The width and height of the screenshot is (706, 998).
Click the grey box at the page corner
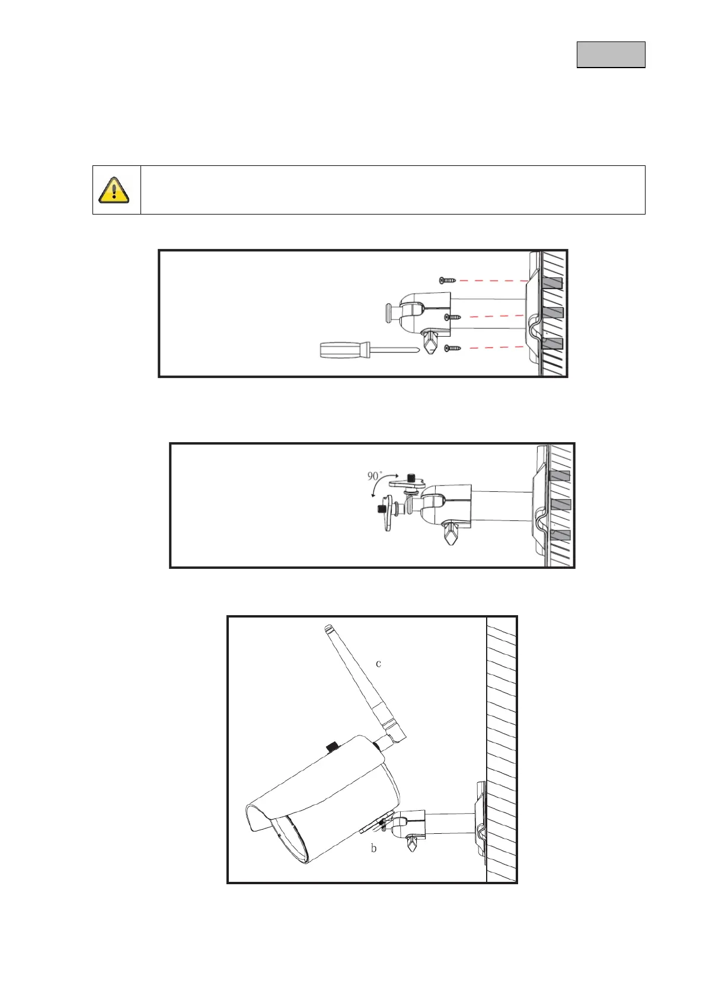(x=611, y=55)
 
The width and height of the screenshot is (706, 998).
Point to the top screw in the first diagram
(x=446, y=280)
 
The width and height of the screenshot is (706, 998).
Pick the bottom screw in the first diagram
(x=452, y=348)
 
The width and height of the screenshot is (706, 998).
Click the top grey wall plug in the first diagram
(x=552, y=283)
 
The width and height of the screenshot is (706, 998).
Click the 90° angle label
(x=375, y=476)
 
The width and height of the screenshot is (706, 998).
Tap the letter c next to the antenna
(x=378, y=663)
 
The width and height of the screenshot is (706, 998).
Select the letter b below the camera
(x=373, y=848)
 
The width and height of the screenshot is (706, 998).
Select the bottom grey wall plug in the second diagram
(x=560, y=535)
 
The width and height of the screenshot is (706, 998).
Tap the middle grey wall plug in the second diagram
(x=560, y=504)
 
